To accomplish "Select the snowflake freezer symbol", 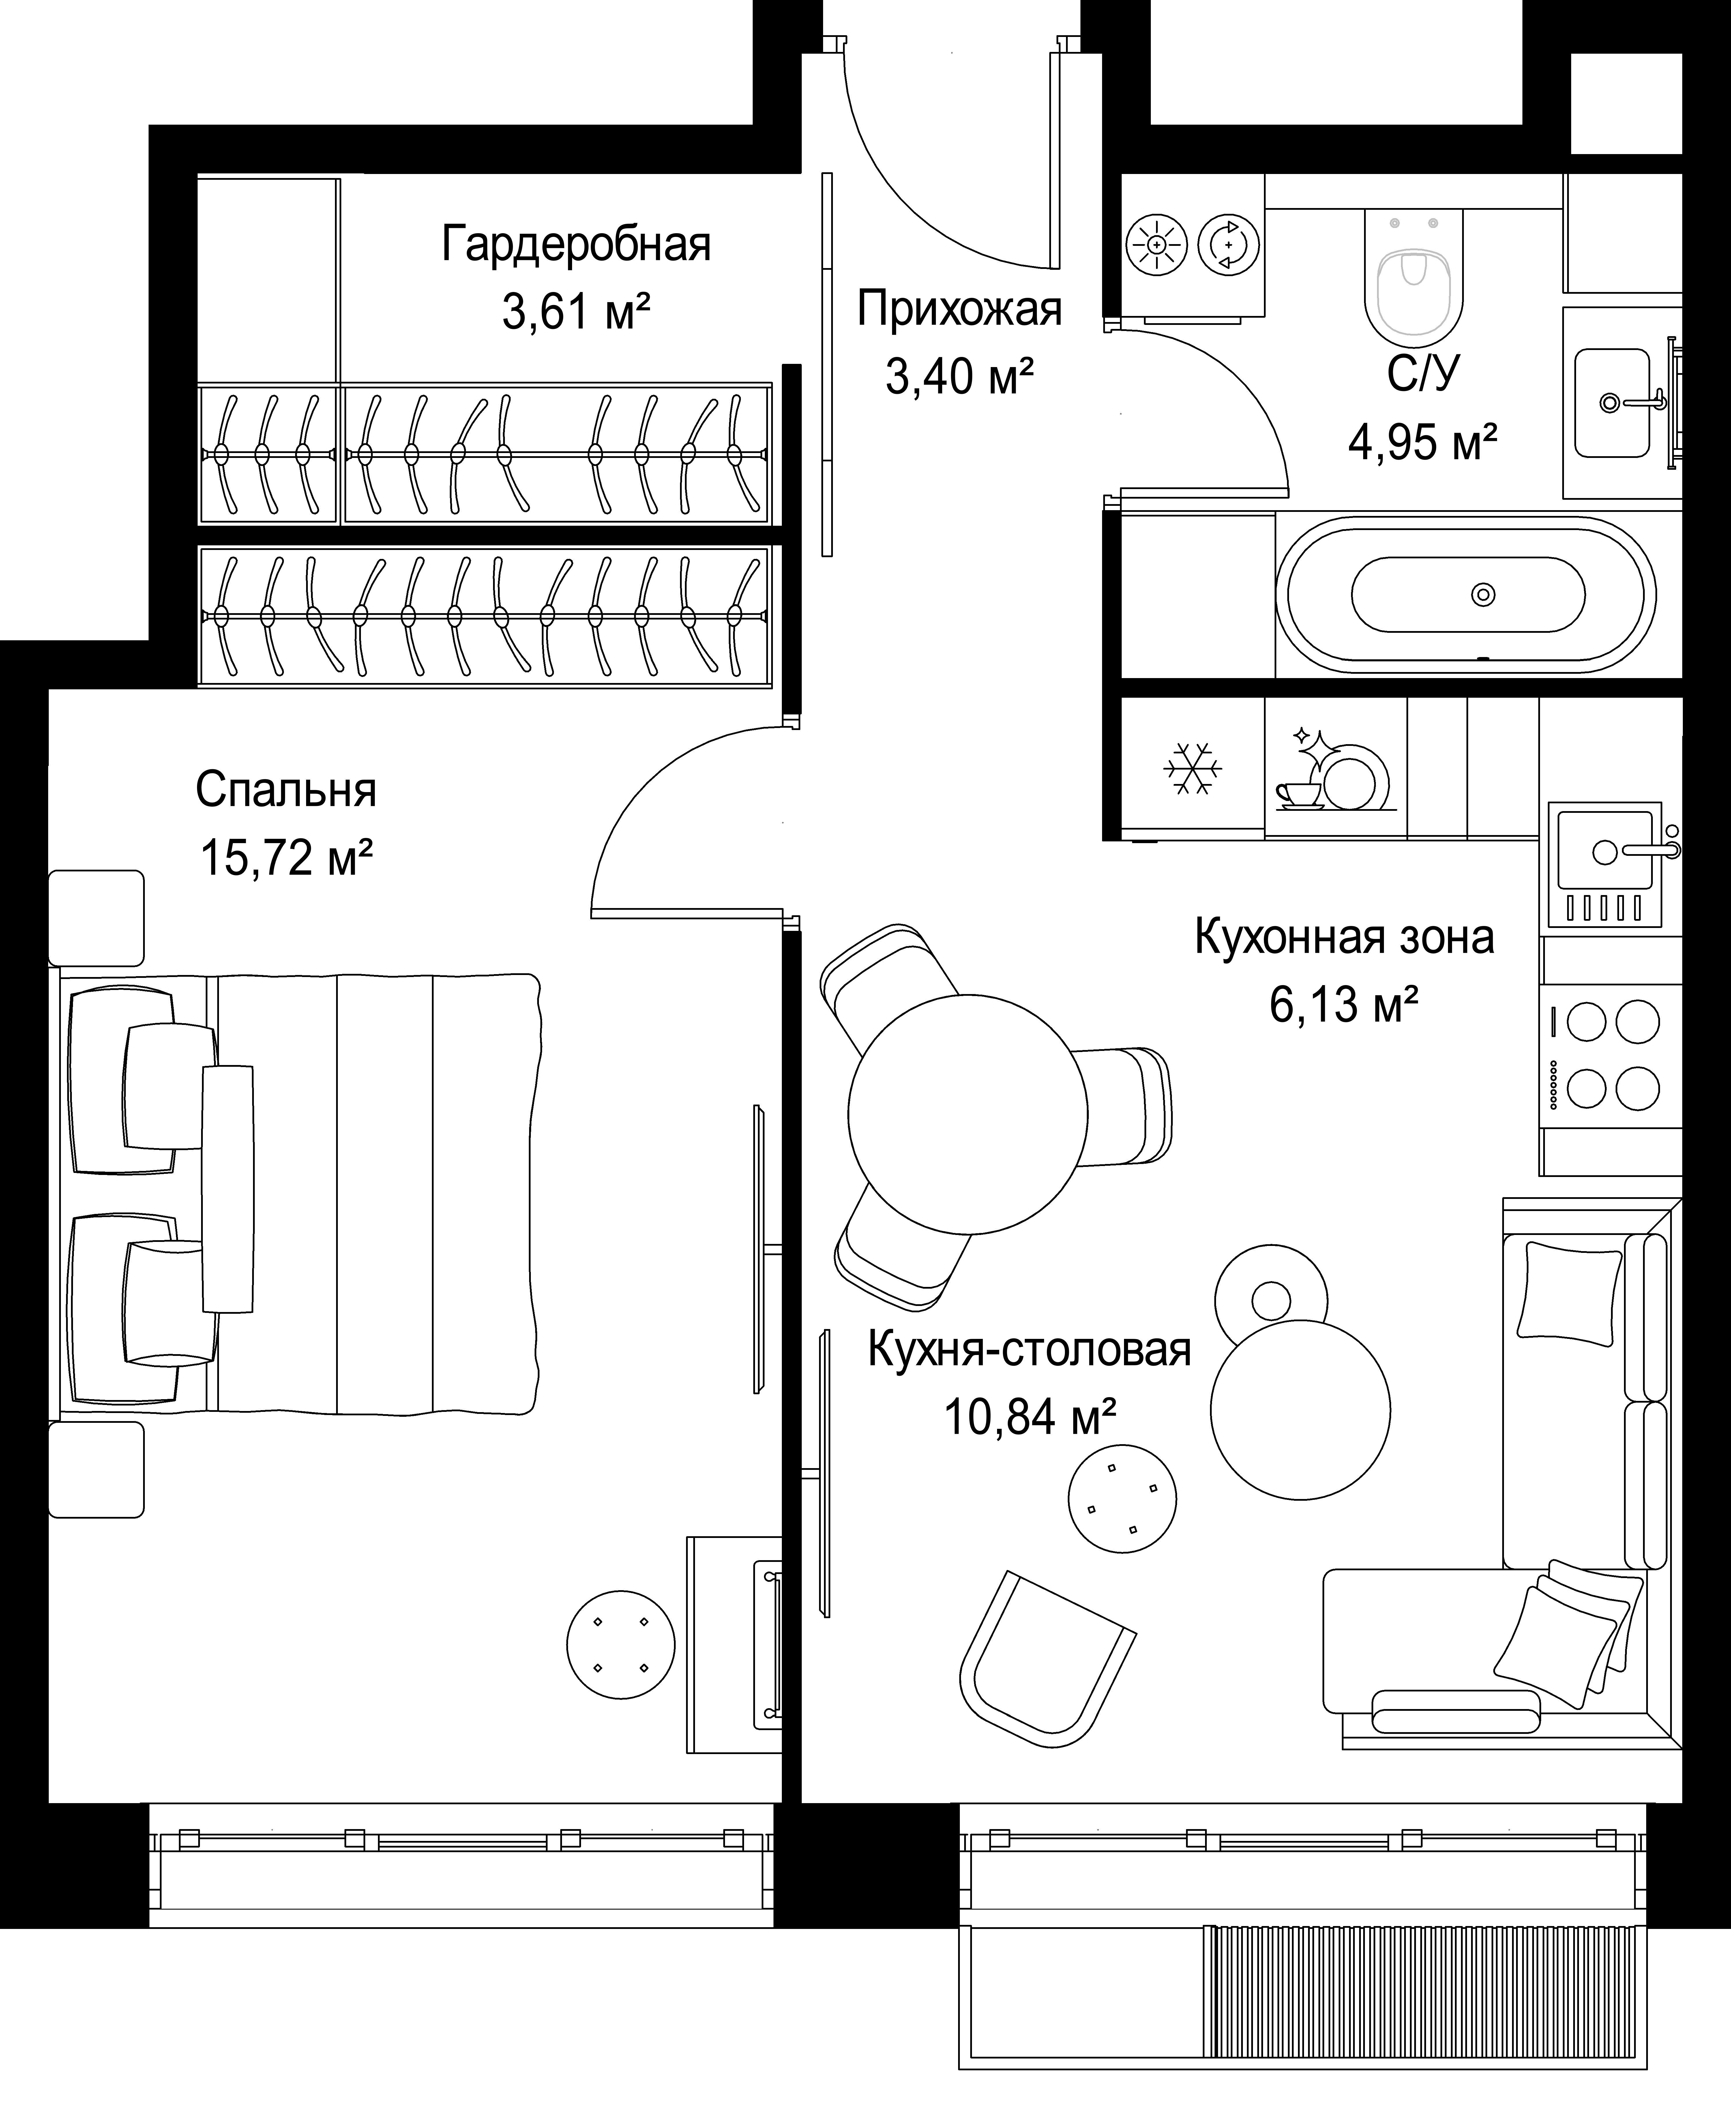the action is click(x=1193, y=768).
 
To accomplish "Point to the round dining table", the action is click(x=967, y=1115).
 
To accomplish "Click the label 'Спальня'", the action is click(x=286, y=790).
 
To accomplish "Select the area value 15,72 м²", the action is click(x=287, y=857).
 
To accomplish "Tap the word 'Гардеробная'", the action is click(x=576, y=244).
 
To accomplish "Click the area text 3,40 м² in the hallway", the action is click(x=959, y=376).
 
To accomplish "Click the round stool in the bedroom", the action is click(x=620, y=1644).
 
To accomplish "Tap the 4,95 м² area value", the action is click(x=1423, y=440).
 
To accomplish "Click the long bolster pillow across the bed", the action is click(x=228, y=1189).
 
